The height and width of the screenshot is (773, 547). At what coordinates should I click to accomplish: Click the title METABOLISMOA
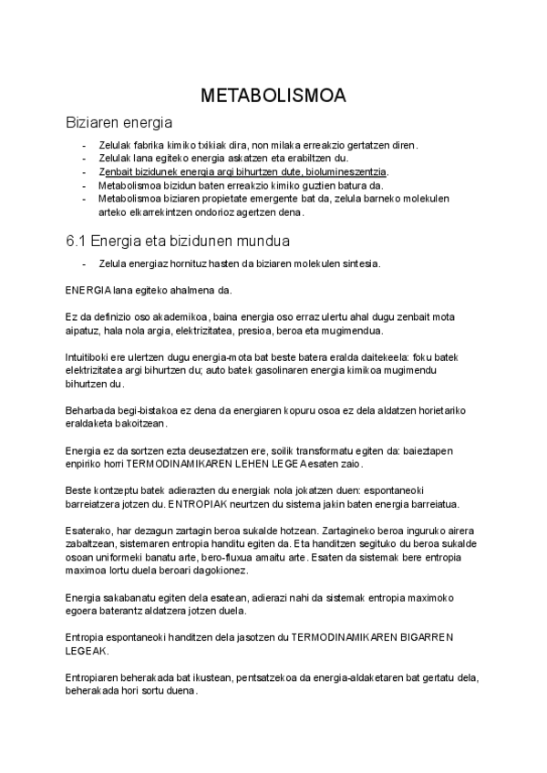273,96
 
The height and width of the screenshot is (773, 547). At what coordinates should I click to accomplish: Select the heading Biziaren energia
119,122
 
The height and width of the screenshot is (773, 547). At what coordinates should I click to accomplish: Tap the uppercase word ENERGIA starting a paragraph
88,291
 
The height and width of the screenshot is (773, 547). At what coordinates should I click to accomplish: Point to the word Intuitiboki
90,356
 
